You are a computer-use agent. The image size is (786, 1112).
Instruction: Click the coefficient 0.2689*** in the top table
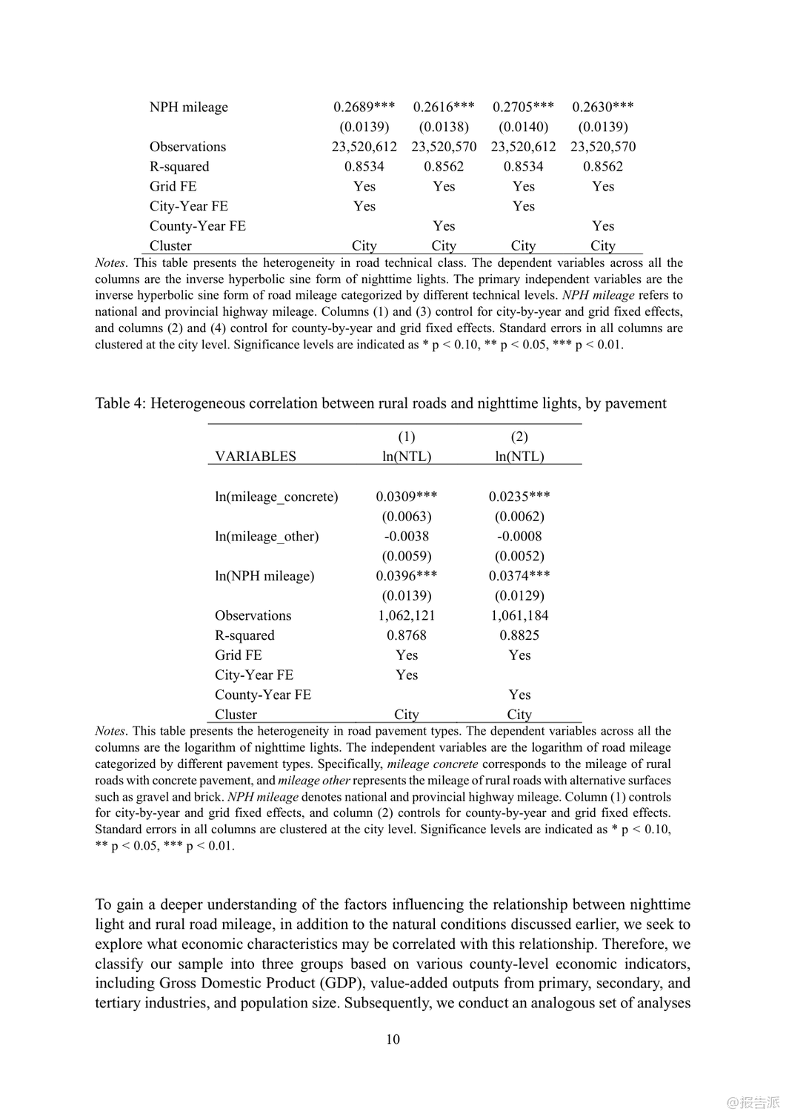[x=364, y=107]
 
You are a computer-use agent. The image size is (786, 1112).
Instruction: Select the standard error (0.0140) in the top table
[x=523, y=127]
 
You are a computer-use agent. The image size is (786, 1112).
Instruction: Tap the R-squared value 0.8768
[x=406, y=635]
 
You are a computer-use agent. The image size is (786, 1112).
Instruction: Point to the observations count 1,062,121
[x=406, y=615]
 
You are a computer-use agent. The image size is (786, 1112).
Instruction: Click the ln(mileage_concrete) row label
[x=276, y=497]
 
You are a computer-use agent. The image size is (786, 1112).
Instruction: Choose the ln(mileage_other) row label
[x=267, y=536]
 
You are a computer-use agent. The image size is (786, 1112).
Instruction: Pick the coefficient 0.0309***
[x=406, y=497]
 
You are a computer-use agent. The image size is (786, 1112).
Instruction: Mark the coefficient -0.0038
[x=406, y=536]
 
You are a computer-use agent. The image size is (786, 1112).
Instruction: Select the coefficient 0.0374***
[x=519, y=576]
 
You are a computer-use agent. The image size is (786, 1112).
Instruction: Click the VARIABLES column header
[x=255, y=457]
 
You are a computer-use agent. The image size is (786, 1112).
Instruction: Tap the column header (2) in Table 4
[x=519, y=437]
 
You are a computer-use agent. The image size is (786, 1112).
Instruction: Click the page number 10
[x=393, y=1039]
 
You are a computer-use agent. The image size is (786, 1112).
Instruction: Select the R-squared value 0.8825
[x=519, y=635]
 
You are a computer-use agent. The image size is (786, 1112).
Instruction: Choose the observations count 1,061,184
[x=519, y=615]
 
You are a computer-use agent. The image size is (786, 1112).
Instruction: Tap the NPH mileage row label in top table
[x=188, y=107]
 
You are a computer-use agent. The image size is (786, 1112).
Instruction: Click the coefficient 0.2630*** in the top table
[x=602, y=107]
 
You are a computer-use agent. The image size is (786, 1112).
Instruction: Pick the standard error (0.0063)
[x=406, y=517]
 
